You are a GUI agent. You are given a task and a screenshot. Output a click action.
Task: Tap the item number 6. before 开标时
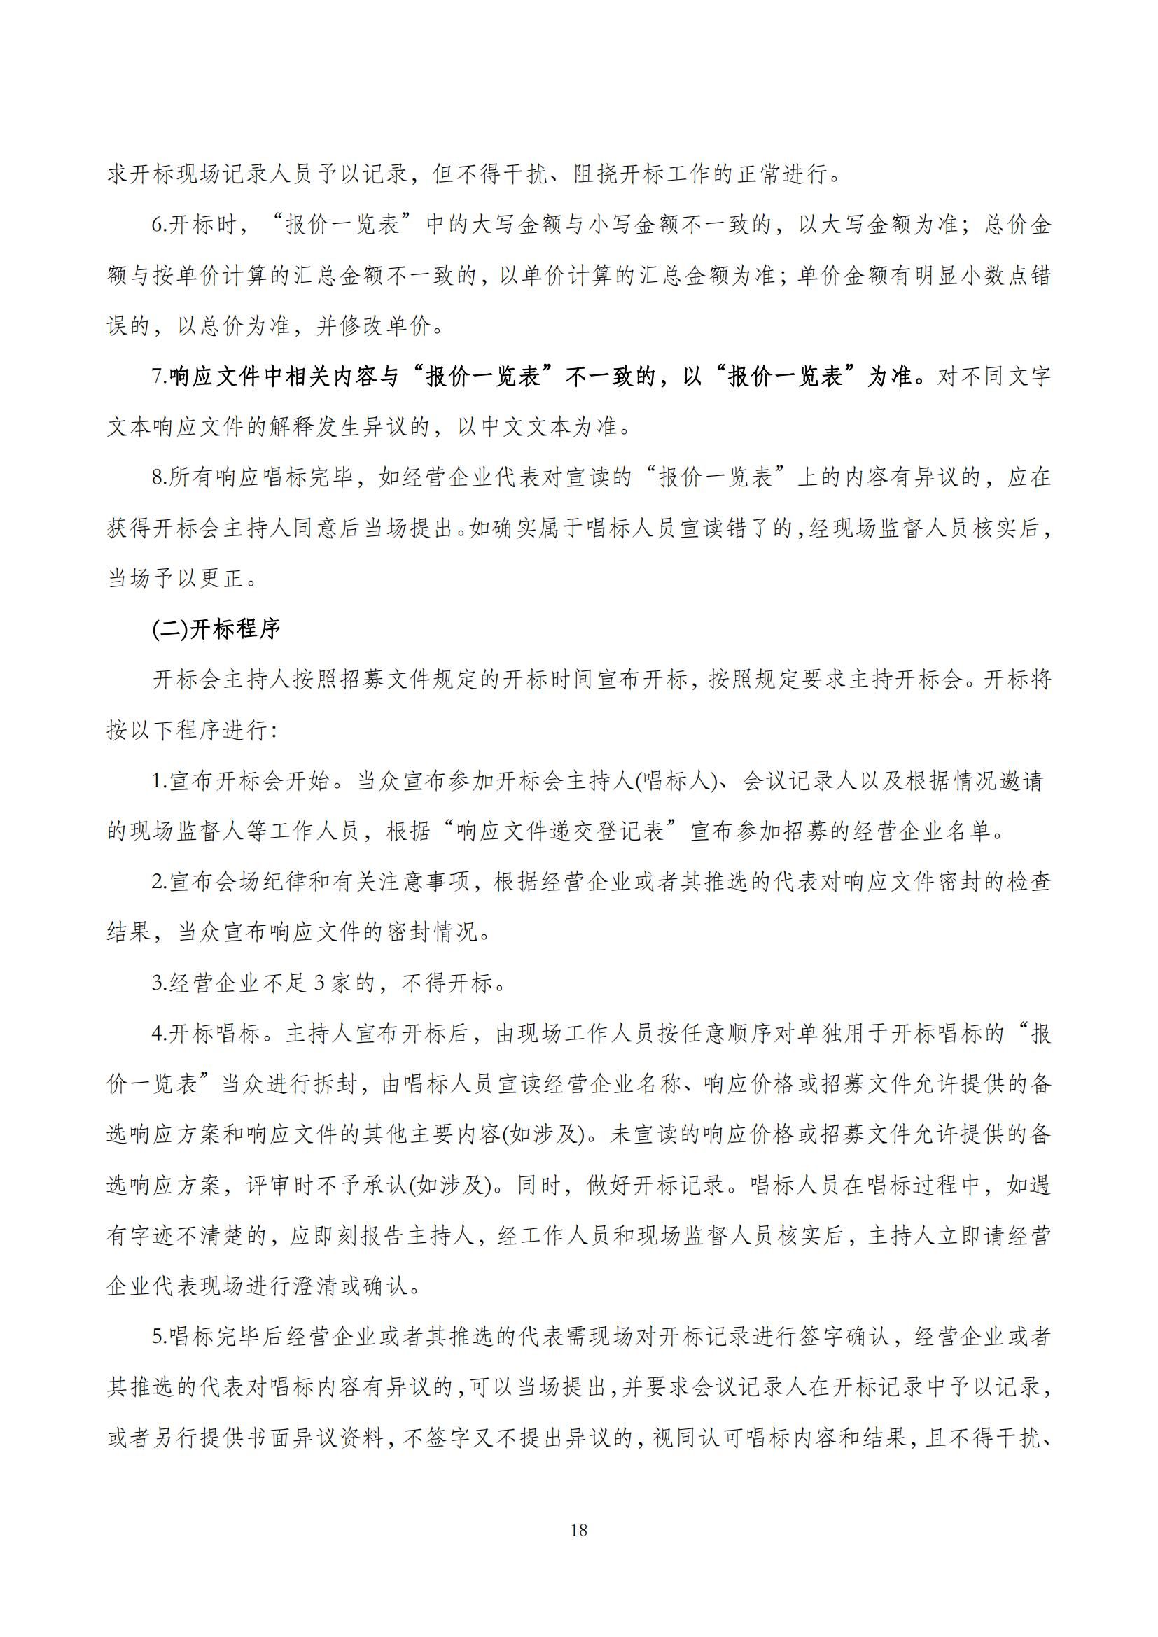click(x=160, y=226)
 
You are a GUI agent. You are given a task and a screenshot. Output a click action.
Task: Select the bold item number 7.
click(x=160, y=377)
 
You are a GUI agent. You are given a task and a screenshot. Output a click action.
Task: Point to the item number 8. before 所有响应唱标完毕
click(x=160, y=478)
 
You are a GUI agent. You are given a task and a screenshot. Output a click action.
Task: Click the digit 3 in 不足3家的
click(x=319, y=983)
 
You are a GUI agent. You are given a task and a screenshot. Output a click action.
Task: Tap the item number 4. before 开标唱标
click(x=160, y=1034)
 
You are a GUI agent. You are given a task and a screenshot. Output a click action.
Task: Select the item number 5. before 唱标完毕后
click(x=160, y=1337)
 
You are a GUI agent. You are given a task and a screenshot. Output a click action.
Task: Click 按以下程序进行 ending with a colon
click(x=193, y=730)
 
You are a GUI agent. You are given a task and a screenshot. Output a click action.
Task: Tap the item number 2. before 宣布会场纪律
click(x=160, y=882)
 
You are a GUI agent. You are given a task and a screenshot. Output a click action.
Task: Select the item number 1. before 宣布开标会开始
click(x=160, y=781)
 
